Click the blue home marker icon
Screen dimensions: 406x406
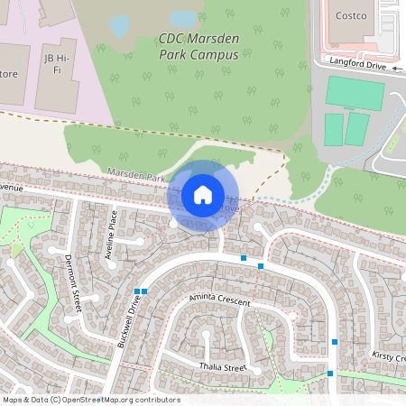pos(203,195)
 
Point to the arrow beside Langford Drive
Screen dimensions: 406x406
pos(395,67)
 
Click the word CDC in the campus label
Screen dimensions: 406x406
pos(171,39)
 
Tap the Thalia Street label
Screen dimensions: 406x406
pos(222,367)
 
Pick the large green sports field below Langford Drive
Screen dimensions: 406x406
pos(355,94)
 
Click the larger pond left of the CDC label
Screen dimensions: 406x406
pos(119,26)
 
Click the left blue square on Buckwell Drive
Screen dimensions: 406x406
pos(136,291)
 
